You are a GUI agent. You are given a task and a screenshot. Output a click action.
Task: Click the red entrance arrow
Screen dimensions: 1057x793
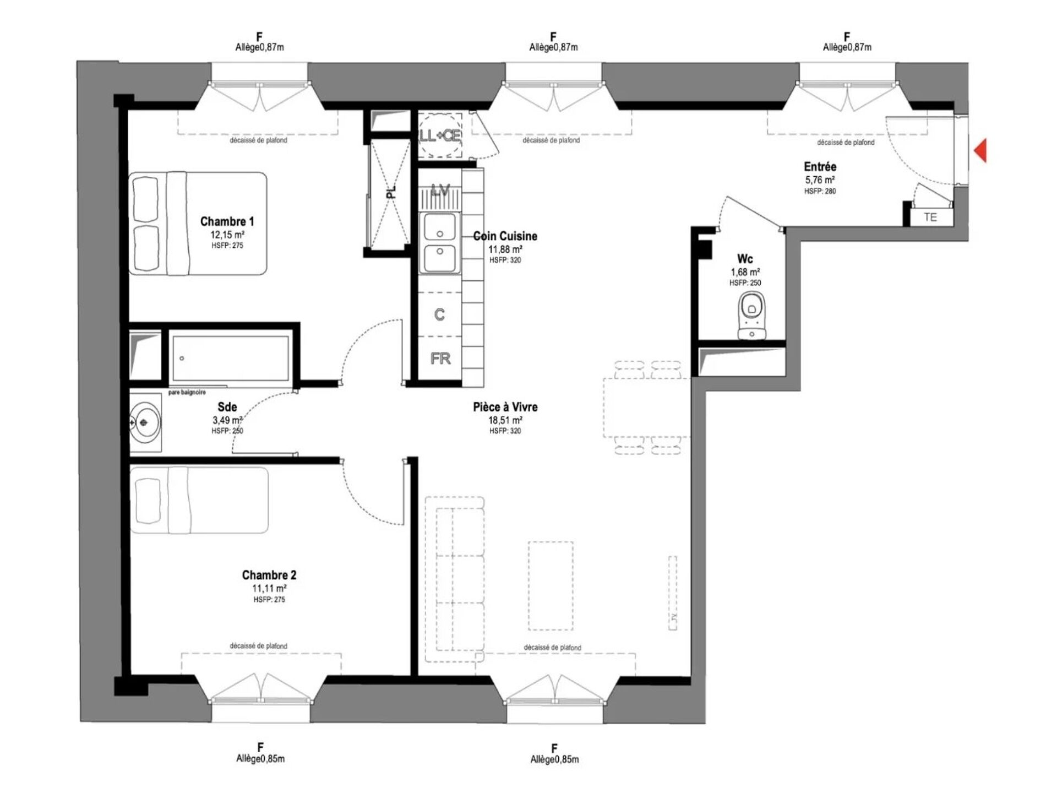pyautogui.click(x=980, y=150)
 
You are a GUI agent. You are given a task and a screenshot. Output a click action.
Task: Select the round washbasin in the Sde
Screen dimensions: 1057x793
pyautogui.click(x=145, y=422)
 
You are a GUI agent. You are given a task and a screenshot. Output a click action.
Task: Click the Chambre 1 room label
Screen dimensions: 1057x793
pyautogui.click(x=227, y=221)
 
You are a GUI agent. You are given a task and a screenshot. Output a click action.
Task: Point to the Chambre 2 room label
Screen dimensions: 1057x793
pyautogui.click(x=269, y=575)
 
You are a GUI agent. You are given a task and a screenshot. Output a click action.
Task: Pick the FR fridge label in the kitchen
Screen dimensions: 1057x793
pyautogui.click(x=440, y=359)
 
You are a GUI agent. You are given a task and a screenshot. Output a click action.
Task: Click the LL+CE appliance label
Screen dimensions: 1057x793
pyautogui.click(x=440, y=135)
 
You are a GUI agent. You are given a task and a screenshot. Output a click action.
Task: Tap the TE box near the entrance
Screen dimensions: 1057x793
pyautogui.click(x=930, y=217)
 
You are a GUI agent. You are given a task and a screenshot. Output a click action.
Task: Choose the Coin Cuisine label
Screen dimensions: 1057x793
pyautogui.click(x=505, y=236)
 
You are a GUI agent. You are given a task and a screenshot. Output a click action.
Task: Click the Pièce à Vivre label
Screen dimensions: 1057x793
pyautogui.click(x=505, y=407)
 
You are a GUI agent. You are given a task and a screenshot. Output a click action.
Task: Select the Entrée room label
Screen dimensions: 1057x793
pyautogui.click(x=820, y=166)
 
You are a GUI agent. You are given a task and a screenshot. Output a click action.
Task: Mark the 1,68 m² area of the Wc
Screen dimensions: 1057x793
pyautogui.click(x=745, y=272)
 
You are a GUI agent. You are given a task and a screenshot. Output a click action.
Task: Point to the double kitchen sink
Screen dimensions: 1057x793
pyautogui.click(x=440, y=242)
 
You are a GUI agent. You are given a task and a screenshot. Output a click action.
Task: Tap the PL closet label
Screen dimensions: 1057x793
pyautogui.click(x=391, y=192)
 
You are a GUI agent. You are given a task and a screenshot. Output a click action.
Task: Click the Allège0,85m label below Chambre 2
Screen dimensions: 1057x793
pyautogui.click(x=260, y=758)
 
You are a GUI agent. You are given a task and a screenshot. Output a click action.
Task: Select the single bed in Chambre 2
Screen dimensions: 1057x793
pyautogui.click(x=200, y=500)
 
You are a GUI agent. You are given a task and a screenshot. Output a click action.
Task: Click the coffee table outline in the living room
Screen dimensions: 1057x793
pyautogui.click(x=551, y=585)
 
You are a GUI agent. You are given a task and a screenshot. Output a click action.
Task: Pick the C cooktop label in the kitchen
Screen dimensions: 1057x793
pyautogui.click(x=439, y=314)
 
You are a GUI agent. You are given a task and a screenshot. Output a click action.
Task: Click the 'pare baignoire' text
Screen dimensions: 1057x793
pyautogui.click(x=187, y=392)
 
